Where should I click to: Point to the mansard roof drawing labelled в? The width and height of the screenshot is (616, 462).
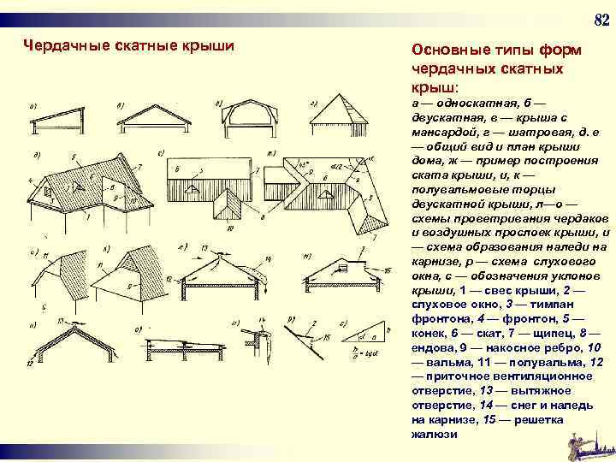(x=248, y=116)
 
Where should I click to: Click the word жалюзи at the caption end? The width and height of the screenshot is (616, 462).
(x=434, y=433)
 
